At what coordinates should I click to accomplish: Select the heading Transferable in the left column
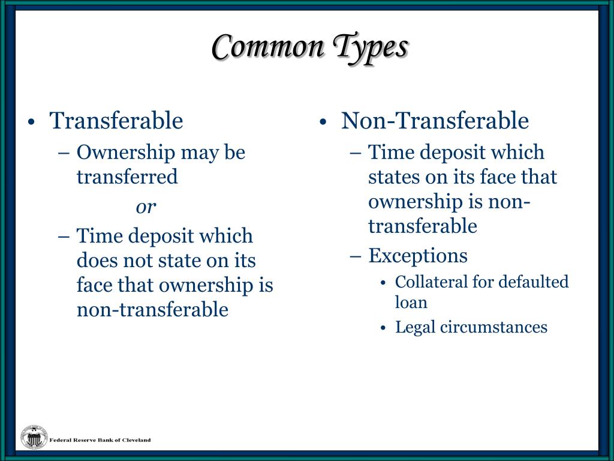(x=116, y=121)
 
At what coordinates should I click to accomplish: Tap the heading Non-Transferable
(x=435, y=121)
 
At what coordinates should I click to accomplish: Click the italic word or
(x=146, y=207)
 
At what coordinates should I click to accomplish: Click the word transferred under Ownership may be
(x=127, y=177)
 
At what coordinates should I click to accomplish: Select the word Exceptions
(x=417, y=256)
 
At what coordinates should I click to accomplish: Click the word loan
(x=411, y=302)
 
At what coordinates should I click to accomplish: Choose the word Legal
(x=415, y=328)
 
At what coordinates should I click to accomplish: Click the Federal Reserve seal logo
(x=34, y=437)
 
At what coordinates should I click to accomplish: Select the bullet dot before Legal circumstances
(x=384, y=328)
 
